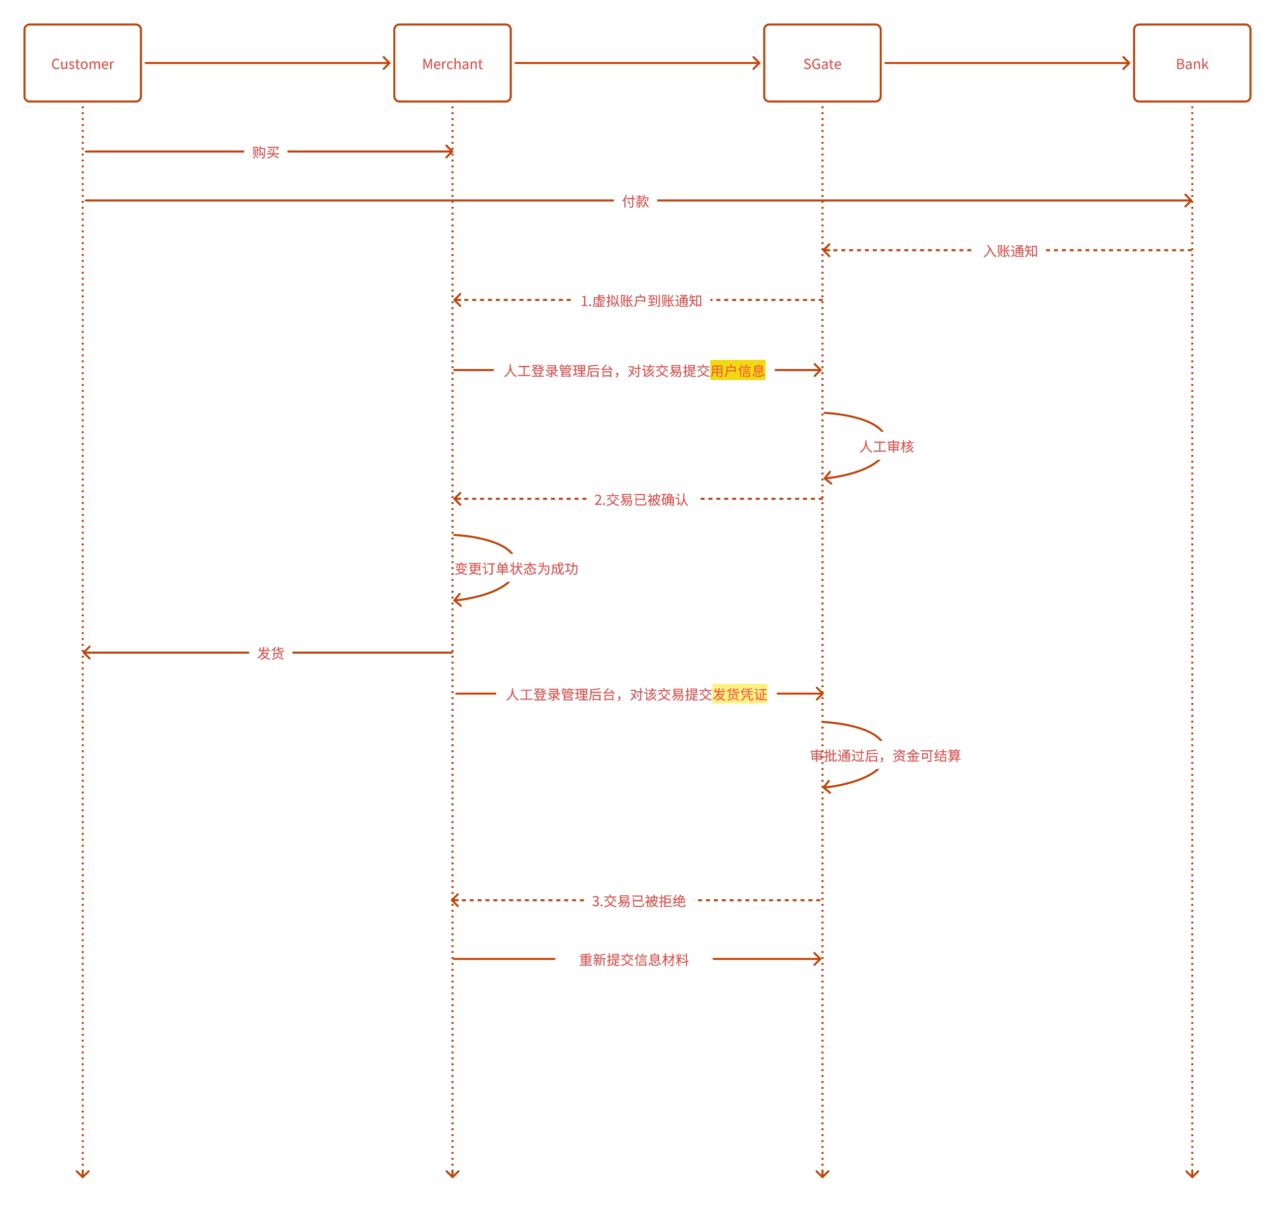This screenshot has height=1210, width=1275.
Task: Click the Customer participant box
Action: [x=83, y=63]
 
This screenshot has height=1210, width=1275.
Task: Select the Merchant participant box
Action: [x=452, y=63]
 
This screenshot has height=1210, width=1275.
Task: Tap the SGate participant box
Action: [x=822, y=63]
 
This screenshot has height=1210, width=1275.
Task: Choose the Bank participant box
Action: [x=1191, y=63]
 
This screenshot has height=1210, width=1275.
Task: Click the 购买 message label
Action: [x=266, y=152]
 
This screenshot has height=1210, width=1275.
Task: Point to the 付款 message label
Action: [x=635, y=201]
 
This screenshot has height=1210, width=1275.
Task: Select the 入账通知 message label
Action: [x=1010, y=251]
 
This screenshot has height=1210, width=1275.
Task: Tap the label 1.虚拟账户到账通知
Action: [x=641, y=301]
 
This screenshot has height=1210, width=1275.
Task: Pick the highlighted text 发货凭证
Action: [x=740, y=694]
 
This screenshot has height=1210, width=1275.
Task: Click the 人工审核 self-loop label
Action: [x=886, y=446]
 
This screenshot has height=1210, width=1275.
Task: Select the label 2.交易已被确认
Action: [x=641, y=499]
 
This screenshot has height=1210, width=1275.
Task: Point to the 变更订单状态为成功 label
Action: [x=516, y=568]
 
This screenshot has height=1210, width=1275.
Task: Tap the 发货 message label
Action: [x=271, y=653]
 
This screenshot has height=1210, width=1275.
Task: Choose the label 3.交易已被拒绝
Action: [x=638, y=900]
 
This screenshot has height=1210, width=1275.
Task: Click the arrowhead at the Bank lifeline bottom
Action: [x=1192, y=1173]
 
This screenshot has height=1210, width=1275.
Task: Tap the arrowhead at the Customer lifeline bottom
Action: [x=83, y=1173]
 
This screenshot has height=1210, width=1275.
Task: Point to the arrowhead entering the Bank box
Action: [x=1126, y=63]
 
